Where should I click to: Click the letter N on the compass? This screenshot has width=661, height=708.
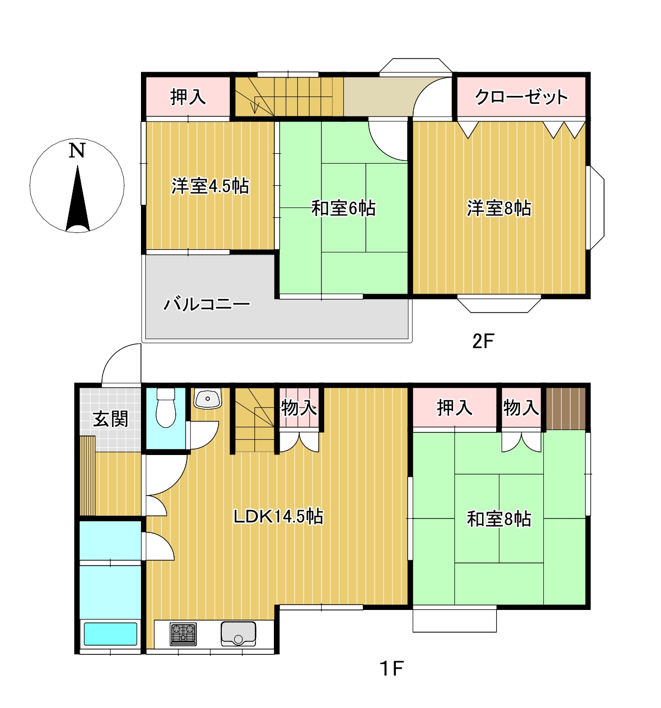coord(77,150)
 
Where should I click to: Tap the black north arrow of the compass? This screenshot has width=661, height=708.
coord(78,203)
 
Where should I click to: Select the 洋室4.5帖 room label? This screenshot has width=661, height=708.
coord(210,186)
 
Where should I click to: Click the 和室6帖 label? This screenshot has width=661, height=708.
coord(343,208)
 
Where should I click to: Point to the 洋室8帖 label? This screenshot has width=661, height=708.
coord(499,208)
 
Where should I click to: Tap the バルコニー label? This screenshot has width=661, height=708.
coord(207,304)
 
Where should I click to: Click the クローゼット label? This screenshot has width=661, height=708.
coord(521,97)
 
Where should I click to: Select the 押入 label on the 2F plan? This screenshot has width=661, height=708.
coord(188,97)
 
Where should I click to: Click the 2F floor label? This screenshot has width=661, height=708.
coord(483,341)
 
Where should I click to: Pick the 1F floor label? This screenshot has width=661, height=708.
coord(391,668)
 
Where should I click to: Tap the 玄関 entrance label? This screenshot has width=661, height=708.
coord(110,419)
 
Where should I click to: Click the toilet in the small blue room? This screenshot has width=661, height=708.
coord(165,409)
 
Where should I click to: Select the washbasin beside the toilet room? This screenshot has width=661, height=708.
coord(207,399)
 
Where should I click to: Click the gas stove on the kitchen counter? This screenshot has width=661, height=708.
coord(183,634)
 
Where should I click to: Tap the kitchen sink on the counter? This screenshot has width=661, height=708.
coord(238,634)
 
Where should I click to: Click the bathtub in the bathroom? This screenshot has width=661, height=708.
coord(110,634)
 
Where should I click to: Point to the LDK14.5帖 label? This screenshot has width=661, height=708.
coord(278,516)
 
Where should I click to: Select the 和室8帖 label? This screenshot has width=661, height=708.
coord(499,519)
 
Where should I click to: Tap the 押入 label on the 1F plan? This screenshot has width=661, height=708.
coord(454,407)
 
